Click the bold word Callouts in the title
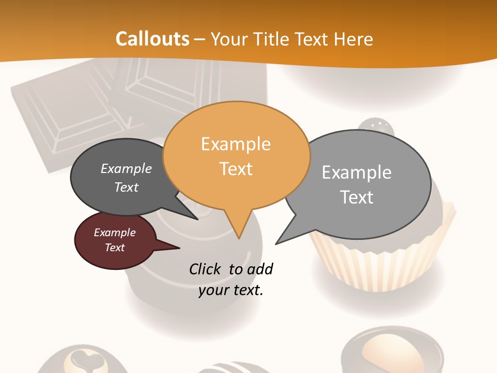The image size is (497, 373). [x=152, y=39]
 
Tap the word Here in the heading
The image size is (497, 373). [x=354, y=39]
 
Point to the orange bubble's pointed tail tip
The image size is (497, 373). [x=239, y=237]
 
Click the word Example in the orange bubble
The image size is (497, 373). [x=236, y=144]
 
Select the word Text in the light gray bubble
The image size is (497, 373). [x=357, y=197]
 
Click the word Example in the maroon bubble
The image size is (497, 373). [x=114, y=233]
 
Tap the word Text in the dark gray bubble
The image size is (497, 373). [x=126, y=188]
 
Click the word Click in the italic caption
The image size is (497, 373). [x=206, y=269]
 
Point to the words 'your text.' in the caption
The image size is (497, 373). [x=230, y=290]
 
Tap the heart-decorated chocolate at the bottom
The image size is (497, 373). [x=82, y=360]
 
